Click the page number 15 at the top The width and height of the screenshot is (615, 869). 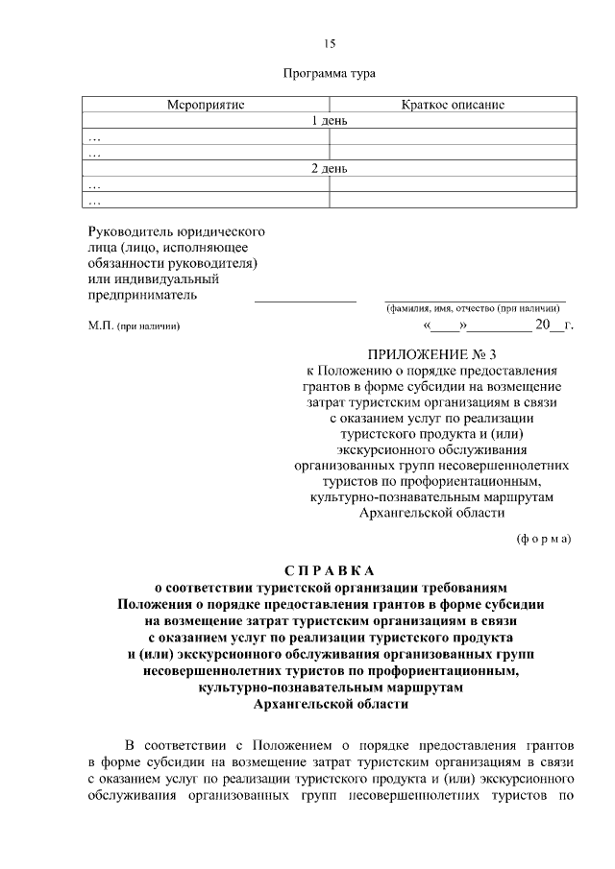click(330, 44)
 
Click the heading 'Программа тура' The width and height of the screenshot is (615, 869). click(330, 74)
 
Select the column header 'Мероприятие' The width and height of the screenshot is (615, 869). click(207, 105)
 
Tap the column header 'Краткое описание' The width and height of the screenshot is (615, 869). click(453, 105)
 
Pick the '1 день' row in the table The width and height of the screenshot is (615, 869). click(330, 121)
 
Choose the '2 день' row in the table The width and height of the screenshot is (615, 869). click(330, 169)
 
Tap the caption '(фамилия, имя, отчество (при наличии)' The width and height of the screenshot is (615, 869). click(475, 308)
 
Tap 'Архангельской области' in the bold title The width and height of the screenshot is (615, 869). click(330, 704)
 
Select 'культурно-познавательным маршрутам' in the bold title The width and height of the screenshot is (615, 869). click(330, 688)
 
